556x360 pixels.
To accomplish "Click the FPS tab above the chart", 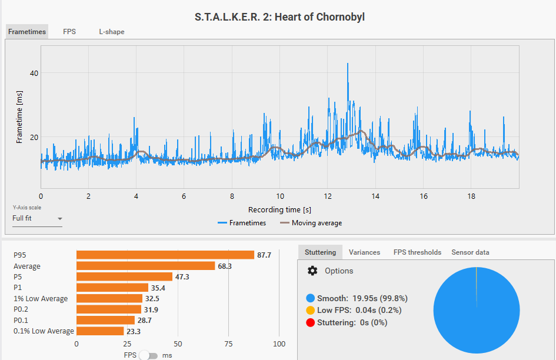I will point(69,32).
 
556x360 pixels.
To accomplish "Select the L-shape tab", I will point(111,32).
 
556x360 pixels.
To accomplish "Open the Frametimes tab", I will point(27,32).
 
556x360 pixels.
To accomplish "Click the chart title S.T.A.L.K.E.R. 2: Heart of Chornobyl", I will point(279,17).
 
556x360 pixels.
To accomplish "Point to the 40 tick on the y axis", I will point(34,73).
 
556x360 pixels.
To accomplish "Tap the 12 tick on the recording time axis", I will point(327,196).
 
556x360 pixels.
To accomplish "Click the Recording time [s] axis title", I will point(279,210).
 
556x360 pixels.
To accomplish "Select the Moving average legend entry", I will point(311,223).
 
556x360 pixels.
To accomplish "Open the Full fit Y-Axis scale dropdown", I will point(37,218).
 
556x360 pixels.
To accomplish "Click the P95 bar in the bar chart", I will point(165,255).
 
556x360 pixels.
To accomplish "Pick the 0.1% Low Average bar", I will point(100,331).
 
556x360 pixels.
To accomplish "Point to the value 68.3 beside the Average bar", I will point(225,266).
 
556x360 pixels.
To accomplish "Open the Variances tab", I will point(364,252).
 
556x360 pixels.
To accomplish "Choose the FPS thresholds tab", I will point(417,252).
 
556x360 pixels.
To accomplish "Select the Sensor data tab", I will point(470,252).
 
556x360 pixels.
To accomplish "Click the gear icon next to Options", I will point(312,271).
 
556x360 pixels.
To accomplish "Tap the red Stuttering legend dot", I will point(310,322).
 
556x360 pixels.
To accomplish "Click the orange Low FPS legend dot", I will point(310,310).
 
